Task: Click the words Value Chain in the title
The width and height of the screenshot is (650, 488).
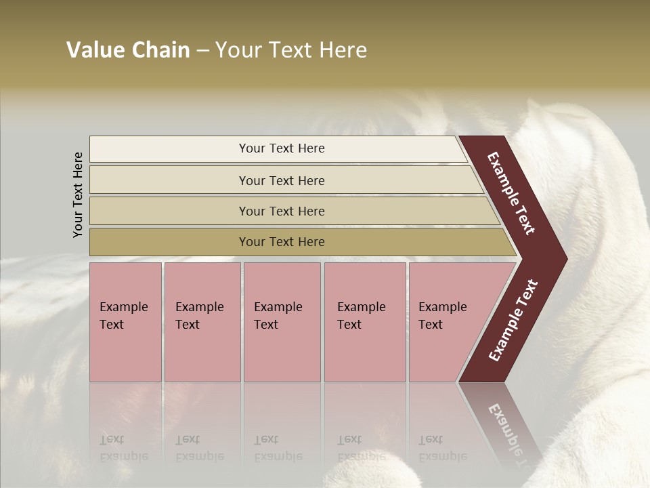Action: [x=128, y=50]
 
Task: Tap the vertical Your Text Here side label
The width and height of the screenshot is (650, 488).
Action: [x=78, y=195]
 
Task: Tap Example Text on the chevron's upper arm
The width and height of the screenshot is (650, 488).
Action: [x=512, y=193]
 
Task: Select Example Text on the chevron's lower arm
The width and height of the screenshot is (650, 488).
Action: [x=513, y=321]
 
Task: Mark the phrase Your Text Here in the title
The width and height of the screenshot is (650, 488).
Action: [x=291, y=50]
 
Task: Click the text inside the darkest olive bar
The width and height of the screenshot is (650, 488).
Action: [x=282, y=242]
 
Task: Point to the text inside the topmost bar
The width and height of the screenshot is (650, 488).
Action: [x=282, y=148]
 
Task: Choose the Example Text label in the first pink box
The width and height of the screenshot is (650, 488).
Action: [x=123, y=316]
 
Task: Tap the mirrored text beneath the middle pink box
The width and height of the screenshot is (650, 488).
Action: [x=278, y=448]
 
